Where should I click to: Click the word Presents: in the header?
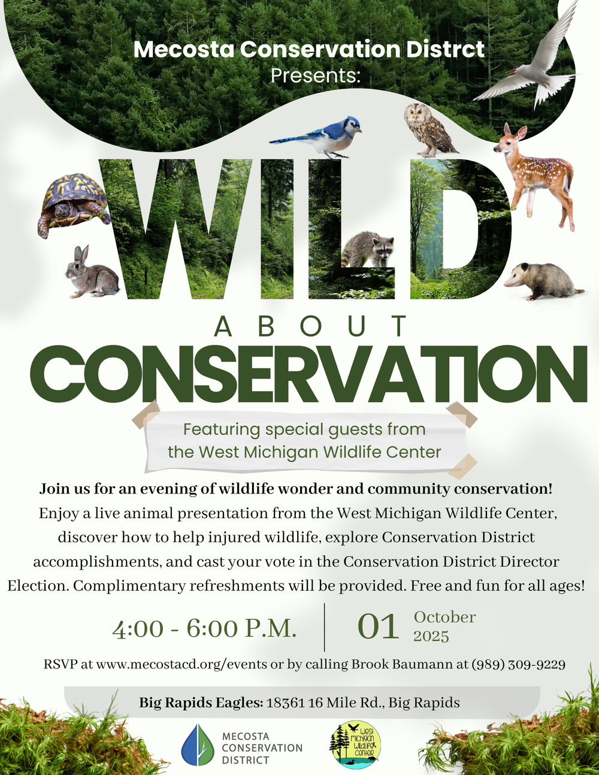(316, 75)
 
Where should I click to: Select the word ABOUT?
(311, 326)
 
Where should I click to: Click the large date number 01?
(378, 626)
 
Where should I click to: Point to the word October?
(444, 617)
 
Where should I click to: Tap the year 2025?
(431, 637)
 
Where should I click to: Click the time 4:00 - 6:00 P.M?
(204, 629)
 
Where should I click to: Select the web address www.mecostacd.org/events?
(181, 665)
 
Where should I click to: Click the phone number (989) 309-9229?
(518, 665)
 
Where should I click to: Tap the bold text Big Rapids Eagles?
(201, 703)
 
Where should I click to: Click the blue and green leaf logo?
(198, 744)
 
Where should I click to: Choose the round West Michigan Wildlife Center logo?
(355, 744)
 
